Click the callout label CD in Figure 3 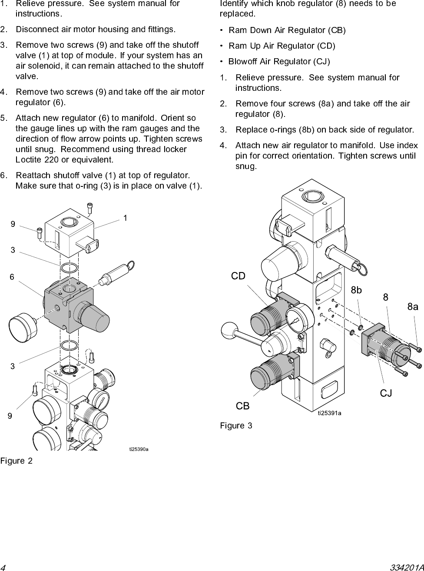click(x=238, y=276)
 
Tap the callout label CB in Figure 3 click(x=242, y=406)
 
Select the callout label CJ click(x=386, y=393)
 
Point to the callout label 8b click(x=356, y=290)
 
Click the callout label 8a click(x=413, y=306)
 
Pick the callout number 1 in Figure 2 click(x=125, y=218)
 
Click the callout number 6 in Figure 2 click(x=12, y=277)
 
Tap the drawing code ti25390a click(x=139, y=449)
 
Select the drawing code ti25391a click(x=330, y=413)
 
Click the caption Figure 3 click(x=236, y=425)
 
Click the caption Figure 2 click(x=17, y=461)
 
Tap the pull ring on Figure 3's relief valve click(x=362, y=270)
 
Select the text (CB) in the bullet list click(x=337, y=30)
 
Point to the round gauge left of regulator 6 click(x=23, y=328)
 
